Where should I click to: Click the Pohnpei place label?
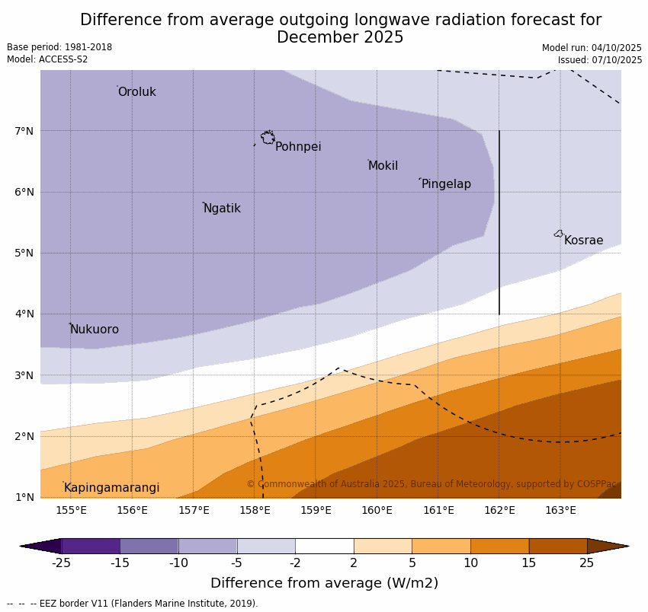tap(298, 147)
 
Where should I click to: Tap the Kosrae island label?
tap(583, 241)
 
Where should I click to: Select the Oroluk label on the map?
tap(136, 92)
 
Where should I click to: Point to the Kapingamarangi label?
tap(111, 488)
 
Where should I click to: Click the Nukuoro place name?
tap(95, 330)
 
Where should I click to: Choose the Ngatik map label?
tap(222, 209)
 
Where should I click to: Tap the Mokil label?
tap(383, 166)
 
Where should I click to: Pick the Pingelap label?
tap(446, 184)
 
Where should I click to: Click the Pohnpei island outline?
tap(268, 138)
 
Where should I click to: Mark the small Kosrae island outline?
tap(559, 234)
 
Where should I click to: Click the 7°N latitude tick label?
tap(24, 131)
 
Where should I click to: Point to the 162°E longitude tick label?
tap(499, 510)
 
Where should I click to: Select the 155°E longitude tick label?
tap(71, 510)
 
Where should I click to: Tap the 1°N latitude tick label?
tap(24, 497)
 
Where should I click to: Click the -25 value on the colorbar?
tap(61, 563)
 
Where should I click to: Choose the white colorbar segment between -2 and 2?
tap(324, 546)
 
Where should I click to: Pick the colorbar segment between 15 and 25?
tap(558, 546)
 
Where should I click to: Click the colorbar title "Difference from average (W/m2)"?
tap(324, 583)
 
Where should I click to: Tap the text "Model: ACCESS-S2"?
tap(47, 59)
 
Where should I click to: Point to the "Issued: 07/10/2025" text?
tap(600, 60)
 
